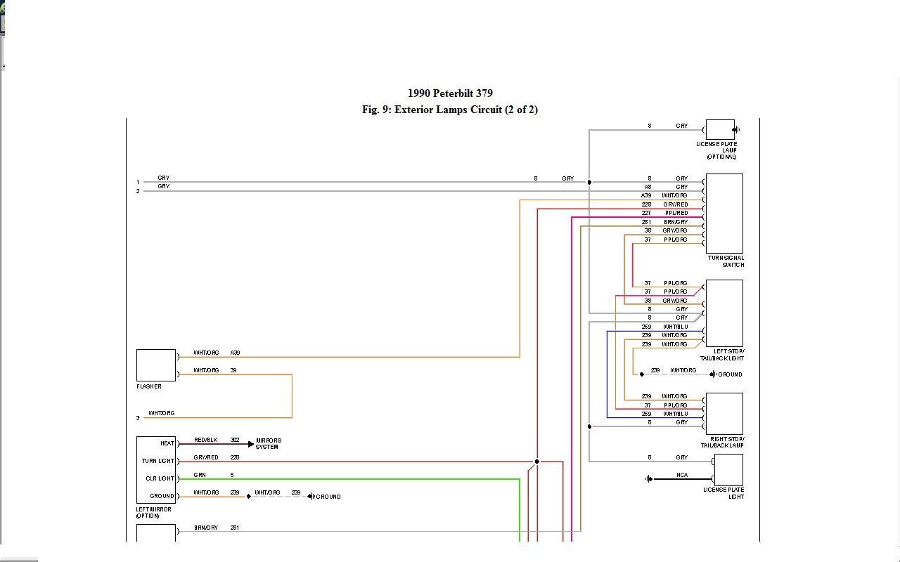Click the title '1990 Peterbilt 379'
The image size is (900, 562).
tap(450, 93)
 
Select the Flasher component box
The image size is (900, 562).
tap(156, 365)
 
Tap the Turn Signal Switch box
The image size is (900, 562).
tap(724, 214)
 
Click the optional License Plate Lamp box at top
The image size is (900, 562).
tap(719, 129)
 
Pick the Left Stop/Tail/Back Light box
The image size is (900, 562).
tap(724, 313)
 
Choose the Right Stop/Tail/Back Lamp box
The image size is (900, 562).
tap(724, 414)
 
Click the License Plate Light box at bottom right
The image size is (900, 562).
tap(728, 470)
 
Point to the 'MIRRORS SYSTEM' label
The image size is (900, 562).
tap(269, 443)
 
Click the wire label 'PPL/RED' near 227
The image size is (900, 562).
tap(676, 213)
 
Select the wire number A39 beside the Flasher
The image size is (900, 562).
tap(235, 353)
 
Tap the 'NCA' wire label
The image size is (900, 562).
tap(682, 475)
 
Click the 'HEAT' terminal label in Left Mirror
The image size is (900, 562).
tap(167, 443)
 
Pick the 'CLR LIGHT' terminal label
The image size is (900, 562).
tap(160, 478)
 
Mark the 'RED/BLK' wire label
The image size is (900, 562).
tap(206, 440)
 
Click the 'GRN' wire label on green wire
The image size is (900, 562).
tap(200, 475)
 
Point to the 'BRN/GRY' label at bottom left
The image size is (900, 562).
tap(206, 528)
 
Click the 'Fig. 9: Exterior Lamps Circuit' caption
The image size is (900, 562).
tap(450, 110)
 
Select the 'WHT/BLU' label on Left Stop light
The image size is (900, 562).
tap(675, 327)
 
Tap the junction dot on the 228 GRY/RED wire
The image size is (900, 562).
tap(536, 462)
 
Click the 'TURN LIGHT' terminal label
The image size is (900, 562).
tap(158, 461)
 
